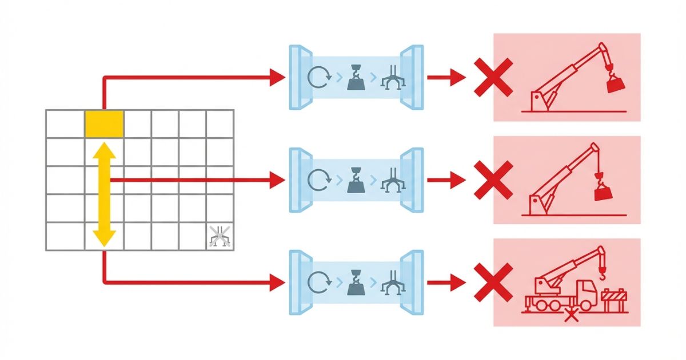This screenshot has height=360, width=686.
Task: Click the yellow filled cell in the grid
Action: pyautogui.click(x=104, y=124)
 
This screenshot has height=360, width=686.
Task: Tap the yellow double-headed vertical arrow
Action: pyautogui.click(x=104, y=194)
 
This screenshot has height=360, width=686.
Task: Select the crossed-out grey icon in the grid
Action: pyautogui.click(x=220, y=236)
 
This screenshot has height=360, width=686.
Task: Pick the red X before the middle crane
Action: pyautogui.click(x=493, y=180)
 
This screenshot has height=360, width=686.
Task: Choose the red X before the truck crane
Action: pyautogui.click(x=493, y=282)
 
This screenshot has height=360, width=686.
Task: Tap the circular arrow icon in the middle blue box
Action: pyautogui.click(x=318, y=180)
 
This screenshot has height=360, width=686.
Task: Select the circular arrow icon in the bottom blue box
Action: pyautogui.click(x=318, y=282)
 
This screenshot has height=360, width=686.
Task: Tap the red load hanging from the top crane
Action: pyautogui.click(x=615, y=85)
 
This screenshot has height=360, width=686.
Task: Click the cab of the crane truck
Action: pyautogui.click(x=587, y=291)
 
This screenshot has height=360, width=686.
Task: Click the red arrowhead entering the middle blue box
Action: pyautogui.click(x=277, y=180)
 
